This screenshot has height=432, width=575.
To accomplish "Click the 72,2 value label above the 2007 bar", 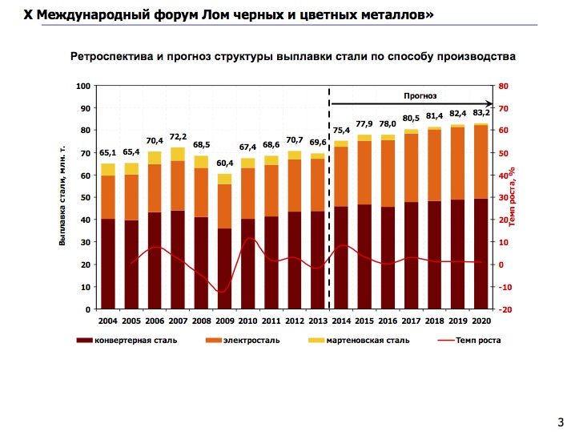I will pos(179,137).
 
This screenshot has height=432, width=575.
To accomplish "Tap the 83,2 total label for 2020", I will pos(481,112).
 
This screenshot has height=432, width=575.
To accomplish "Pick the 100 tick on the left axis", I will pos(82,86).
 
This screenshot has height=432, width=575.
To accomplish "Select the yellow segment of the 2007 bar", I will pos(178,154).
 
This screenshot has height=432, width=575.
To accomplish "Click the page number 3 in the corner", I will pos(560,422).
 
